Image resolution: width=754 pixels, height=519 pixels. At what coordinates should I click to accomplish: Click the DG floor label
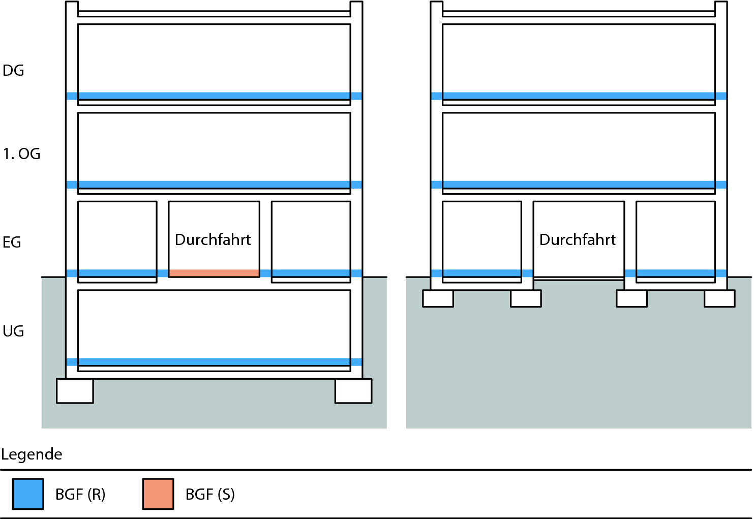click(13, 71)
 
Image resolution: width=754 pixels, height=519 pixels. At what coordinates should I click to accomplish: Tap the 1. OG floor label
click(21, 154)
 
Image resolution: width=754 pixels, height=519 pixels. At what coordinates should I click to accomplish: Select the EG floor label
click(12, 242)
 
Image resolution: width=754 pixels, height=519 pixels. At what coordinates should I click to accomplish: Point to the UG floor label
click(13, 331)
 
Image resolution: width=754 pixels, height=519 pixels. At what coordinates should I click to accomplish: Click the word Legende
click(32, 454)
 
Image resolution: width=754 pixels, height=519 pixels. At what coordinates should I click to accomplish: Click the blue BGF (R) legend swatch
click(28, 494)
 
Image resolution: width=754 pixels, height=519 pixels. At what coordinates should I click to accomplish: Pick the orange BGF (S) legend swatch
click(158, 494)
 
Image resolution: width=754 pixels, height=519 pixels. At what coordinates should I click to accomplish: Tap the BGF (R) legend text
click(80, 494)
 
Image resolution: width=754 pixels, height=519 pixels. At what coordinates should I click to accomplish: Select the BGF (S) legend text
click(210, 494)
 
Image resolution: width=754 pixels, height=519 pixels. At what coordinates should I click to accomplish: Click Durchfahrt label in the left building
click(213, 239)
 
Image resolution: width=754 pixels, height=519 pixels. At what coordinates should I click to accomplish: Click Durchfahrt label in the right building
click(578, 239)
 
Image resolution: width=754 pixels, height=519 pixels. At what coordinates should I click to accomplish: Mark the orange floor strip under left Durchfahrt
click(214, 273)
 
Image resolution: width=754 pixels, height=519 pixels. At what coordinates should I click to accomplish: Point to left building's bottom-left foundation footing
click(75, 391)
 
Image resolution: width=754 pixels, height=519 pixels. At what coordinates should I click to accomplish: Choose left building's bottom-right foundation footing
click(353, 391)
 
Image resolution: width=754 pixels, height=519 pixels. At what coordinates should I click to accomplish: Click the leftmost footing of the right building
click(438, 298)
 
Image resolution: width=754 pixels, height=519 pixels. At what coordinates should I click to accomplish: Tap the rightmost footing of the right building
click(719, 298)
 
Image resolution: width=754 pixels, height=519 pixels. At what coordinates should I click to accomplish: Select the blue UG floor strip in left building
click(214, 362)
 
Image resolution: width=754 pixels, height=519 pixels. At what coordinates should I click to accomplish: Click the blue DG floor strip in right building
click(579, 96)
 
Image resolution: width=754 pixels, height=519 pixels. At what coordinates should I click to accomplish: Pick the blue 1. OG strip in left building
click(214, 185)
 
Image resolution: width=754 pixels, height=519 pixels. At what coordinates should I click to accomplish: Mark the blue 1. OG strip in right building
click(579, 185)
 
